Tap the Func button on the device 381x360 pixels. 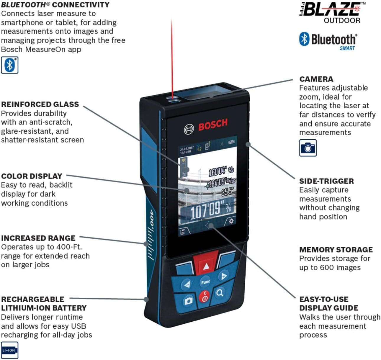205,282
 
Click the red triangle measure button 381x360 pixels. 206,266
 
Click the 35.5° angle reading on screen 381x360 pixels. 228,192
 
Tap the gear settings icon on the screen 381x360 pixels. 231,221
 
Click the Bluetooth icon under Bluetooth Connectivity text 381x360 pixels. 10,65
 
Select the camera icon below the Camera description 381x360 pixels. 308,148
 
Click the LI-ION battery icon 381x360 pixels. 9,350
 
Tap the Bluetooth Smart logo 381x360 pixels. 328,41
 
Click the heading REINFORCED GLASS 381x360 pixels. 40,104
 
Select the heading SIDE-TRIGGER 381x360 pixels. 326,181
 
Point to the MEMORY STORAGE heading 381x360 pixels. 336,249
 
